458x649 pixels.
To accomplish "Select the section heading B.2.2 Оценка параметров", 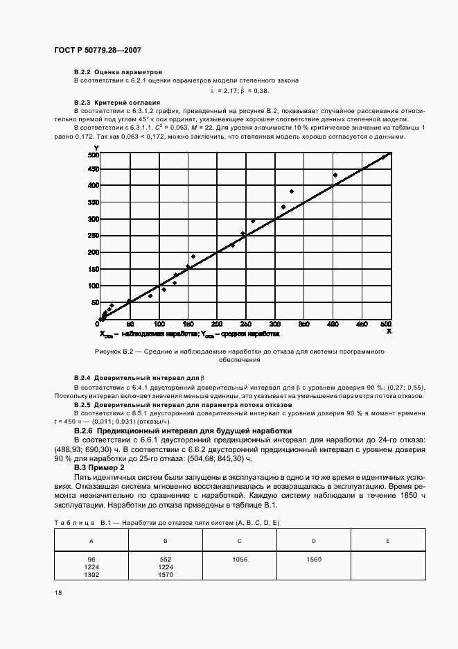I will (118, 71).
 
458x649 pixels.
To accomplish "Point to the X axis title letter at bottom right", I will (389, 331).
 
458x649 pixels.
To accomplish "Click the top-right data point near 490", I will (383, 158).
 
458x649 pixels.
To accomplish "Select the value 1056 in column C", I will (239, 560).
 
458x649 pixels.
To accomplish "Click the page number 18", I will (58, 593).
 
